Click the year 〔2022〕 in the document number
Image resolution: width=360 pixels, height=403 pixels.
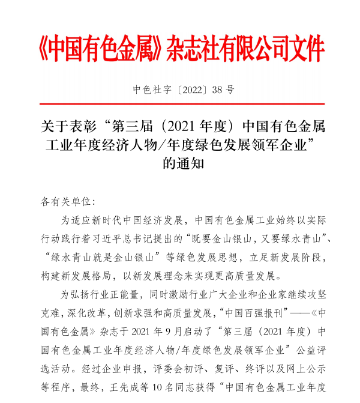185,90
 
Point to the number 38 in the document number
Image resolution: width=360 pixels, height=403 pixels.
215,90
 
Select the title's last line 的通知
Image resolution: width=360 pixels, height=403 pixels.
180,163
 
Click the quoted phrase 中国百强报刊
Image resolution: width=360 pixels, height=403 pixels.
256,312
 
